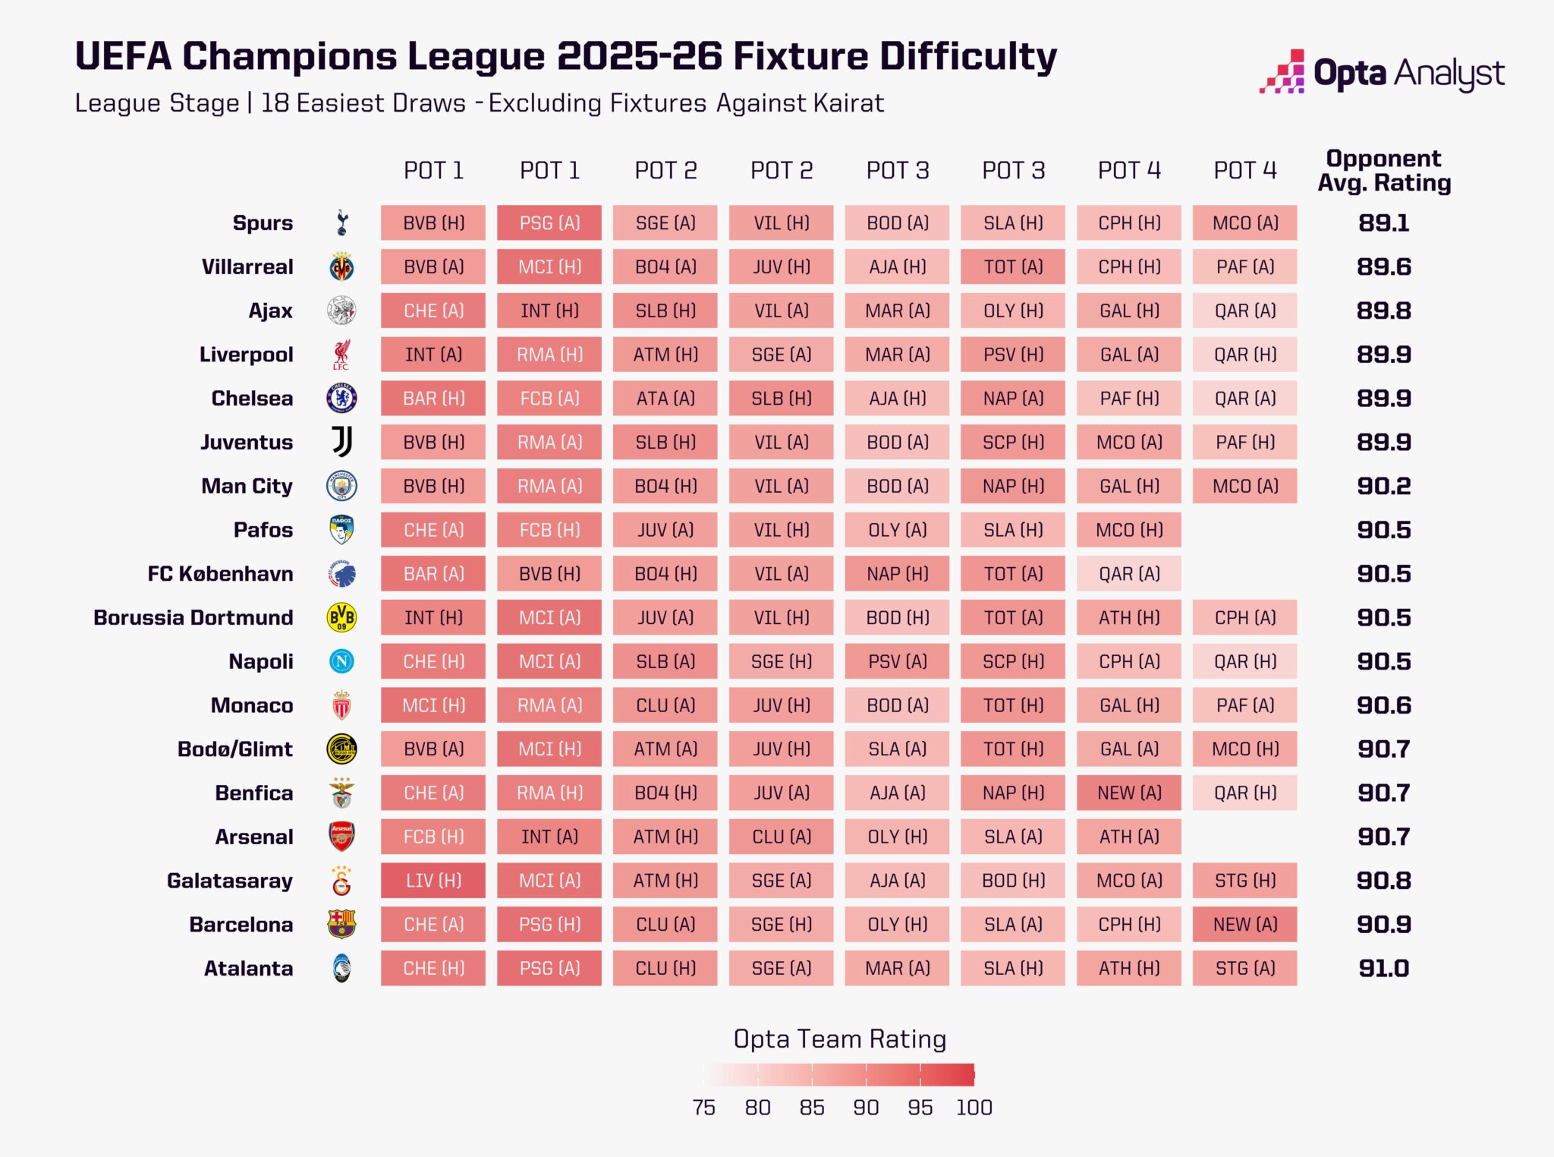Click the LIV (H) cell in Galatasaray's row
click(x=433, y=881)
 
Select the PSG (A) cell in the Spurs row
click(x=549, y=223)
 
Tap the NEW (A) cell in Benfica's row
click(x=1129, y=793)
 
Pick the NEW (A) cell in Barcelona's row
click(x=1245, y=925)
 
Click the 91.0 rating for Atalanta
click(x=1383, y=969)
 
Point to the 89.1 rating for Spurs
click(x=1383, y=223)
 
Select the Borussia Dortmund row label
click(x=193, y=618)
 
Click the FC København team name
click(x=220, y=574)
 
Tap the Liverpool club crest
click(x=341, y=355)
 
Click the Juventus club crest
click(x=341, y=442)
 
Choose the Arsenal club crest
click(x=341, y=837)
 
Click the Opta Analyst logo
click(x=1382, y=74)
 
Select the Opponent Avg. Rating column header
click(x=1383, y=171)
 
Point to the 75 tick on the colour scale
click(x=703, y=1108)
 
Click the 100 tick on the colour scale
click(x=974, y=1108)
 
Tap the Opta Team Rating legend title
click(x=839, y=1039)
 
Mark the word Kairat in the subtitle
click(x=848, y=103)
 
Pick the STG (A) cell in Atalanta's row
click(x=1245, y=969)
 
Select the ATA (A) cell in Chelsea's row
click(x=665, y=399)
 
